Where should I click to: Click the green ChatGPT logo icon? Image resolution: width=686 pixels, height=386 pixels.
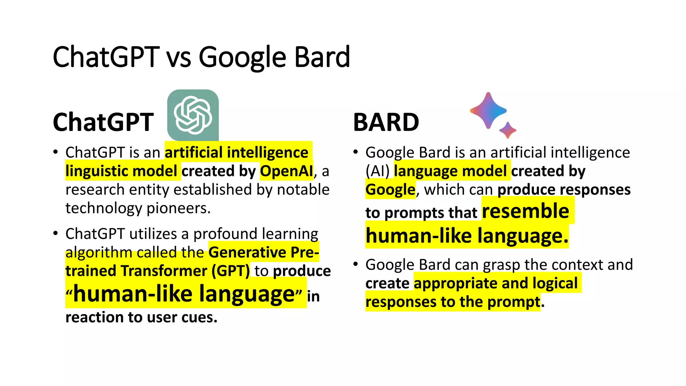tap(193, 115)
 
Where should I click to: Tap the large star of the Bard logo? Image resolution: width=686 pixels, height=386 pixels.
tap(488, 111)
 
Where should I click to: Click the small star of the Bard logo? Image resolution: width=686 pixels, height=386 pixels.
tap(508, 130)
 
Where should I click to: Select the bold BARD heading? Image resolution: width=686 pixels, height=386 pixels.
tap(386, 122)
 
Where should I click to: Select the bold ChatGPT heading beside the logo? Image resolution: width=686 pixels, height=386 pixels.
tap(103, 122)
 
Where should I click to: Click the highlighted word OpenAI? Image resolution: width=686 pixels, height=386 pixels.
tap(286, 171)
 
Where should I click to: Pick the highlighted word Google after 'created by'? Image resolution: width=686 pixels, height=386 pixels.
tap(390, 190)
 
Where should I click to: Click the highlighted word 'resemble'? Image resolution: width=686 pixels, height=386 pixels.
tap(525, 211)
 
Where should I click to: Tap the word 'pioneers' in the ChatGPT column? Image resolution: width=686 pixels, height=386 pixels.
tap(178, 208)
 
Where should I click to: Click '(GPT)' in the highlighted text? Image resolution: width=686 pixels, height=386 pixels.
tap(230, 271)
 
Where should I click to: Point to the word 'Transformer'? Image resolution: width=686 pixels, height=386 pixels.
tap(164, 271)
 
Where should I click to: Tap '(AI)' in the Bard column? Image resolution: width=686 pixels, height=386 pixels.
tap(378, 171)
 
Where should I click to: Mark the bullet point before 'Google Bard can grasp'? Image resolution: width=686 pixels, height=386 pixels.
tap(356, 264)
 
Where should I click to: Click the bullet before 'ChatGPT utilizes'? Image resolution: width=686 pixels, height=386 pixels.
tap(56, 233)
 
